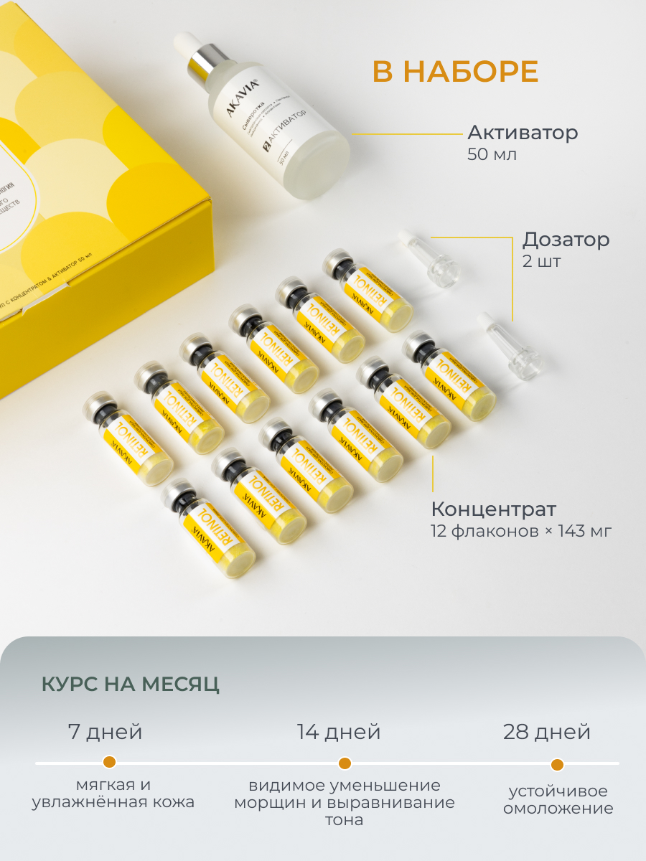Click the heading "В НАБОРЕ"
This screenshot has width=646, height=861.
point(455,72)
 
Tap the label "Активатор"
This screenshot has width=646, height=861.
point(523,133)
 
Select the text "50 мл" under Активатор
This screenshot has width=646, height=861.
point(492,154)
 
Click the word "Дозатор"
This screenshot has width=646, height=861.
point(566,240)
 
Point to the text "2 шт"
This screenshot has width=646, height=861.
point(542,261)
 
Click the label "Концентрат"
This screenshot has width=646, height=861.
point(493,509)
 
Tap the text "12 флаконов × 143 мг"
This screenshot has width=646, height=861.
point(521,532)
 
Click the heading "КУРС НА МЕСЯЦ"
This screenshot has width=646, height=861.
point(131,684)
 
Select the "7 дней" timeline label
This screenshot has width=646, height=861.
point(105,733)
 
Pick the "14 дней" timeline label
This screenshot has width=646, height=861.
point(339,733)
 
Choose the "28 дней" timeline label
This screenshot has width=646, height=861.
point(547,733)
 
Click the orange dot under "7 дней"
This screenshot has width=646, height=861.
point(109,762)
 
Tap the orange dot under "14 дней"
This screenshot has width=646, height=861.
point(345,763)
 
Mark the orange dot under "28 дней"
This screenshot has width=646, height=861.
point(557,764)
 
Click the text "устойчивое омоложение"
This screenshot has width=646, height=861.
point(558,800)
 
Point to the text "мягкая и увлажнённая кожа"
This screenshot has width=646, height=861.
point(113,794)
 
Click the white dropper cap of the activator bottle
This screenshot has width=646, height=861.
point(189,44)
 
